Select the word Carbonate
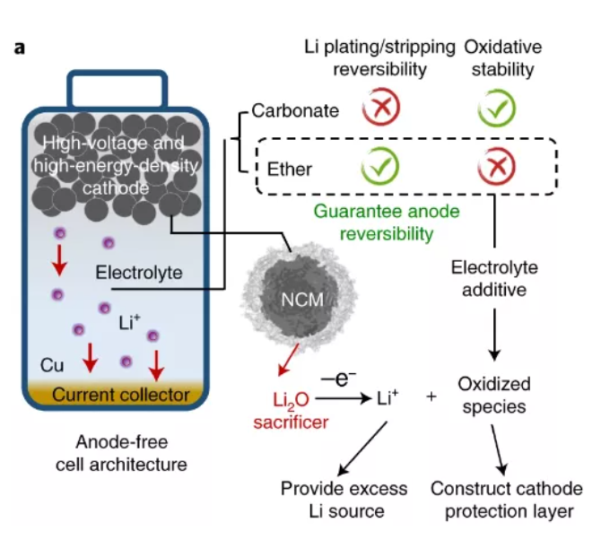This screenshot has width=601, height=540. [295, 111]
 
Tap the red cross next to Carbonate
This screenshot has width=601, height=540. [381, 109]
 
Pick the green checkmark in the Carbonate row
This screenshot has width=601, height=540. [495, 109]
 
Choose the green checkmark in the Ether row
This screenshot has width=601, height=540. [381, 166]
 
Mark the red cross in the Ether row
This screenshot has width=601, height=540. [495, 166]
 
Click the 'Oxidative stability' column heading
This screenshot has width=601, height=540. [500, 57]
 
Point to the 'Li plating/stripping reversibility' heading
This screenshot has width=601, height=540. [380, 57]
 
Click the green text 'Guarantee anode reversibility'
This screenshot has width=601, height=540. [373, 223]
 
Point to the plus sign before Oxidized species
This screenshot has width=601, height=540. [431, 396]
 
